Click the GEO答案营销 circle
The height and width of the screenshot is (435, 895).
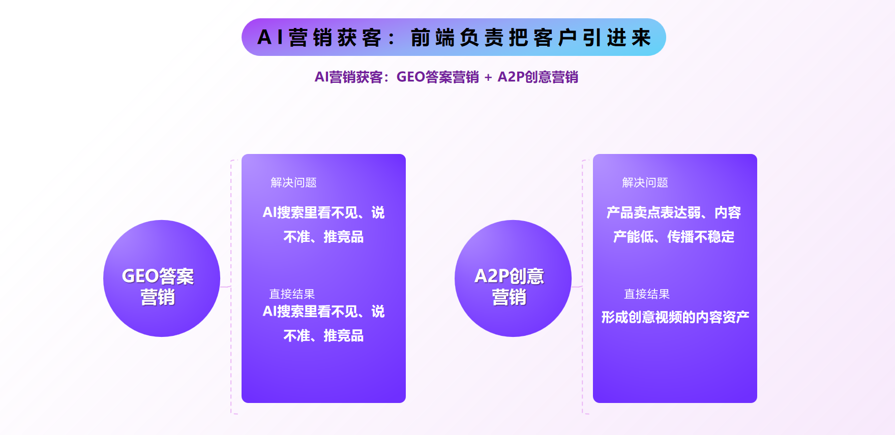(x=162, y=278)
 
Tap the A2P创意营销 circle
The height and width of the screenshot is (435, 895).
(x=513, y=278)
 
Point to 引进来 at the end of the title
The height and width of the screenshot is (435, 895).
(x=617, y=38)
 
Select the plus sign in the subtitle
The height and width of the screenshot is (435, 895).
(x=488, y=77)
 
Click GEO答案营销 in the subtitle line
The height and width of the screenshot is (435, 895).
(x=437, y=77)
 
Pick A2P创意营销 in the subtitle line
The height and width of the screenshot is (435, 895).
(x=538, y=77)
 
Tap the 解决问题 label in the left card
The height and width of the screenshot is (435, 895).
(x=293, y=182)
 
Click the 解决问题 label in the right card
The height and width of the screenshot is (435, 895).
(x=645, y=182)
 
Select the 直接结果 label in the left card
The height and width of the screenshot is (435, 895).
(x=292, y=294)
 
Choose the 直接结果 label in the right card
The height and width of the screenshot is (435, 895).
(x=647, y=294)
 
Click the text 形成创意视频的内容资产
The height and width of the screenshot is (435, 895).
(x=675, y=317)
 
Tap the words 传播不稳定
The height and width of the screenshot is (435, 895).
(x=701, y=237)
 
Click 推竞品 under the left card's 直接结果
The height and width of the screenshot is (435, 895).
(x=343, y=336)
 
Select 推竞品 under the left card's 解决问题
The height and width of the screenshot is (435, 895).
(x=343, y=237)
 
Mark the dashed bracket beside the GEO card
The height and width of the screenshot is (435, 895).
(x=231, y=287)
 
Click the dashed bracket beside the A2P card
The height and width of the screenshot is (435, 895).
(x=583, y=287)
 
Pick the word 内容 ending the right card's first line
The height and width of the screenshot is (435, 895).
(x=728, y=212)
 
